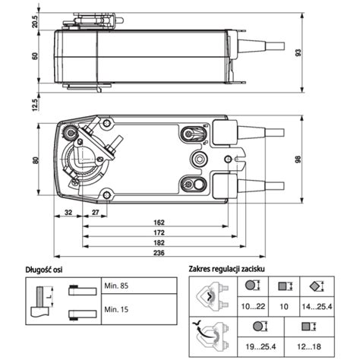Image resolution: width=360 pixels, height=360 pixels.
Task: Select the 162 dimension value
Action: (154, 222)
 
